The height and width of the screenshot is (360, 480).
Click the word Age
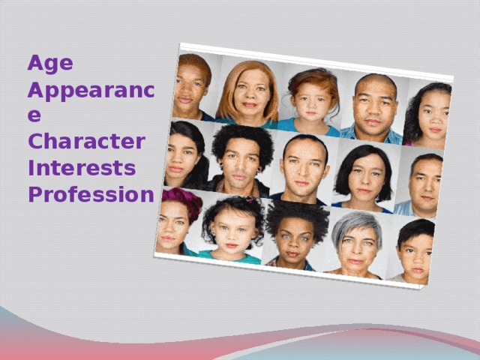click(50, 63)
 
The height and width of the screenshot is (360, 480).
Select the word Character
click(86, 141)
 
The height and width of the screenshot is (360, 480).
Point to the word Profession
click(90, 194)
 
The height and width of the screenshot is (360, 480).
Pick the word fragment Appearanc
click(90, 91)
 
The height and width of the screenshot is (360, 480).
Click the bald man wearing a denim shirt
click(374, 109)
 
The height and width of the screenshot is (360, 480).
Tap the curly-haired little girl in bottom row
click(232, 226)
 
